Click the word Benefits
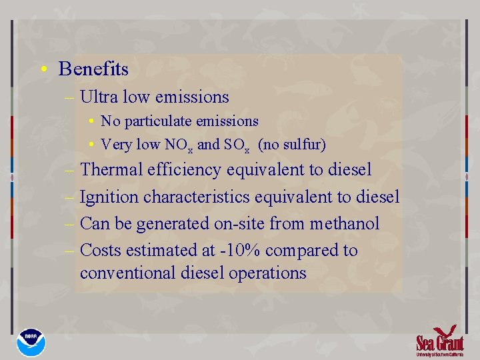pyautogui.click(x=93, y=69)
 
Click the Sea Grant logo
pyautogui.click(x=439, y=341)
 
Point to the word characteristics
pyautogui.click(x=199, y=197)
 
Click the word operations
pyautogui.click(x=267, y=273)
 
